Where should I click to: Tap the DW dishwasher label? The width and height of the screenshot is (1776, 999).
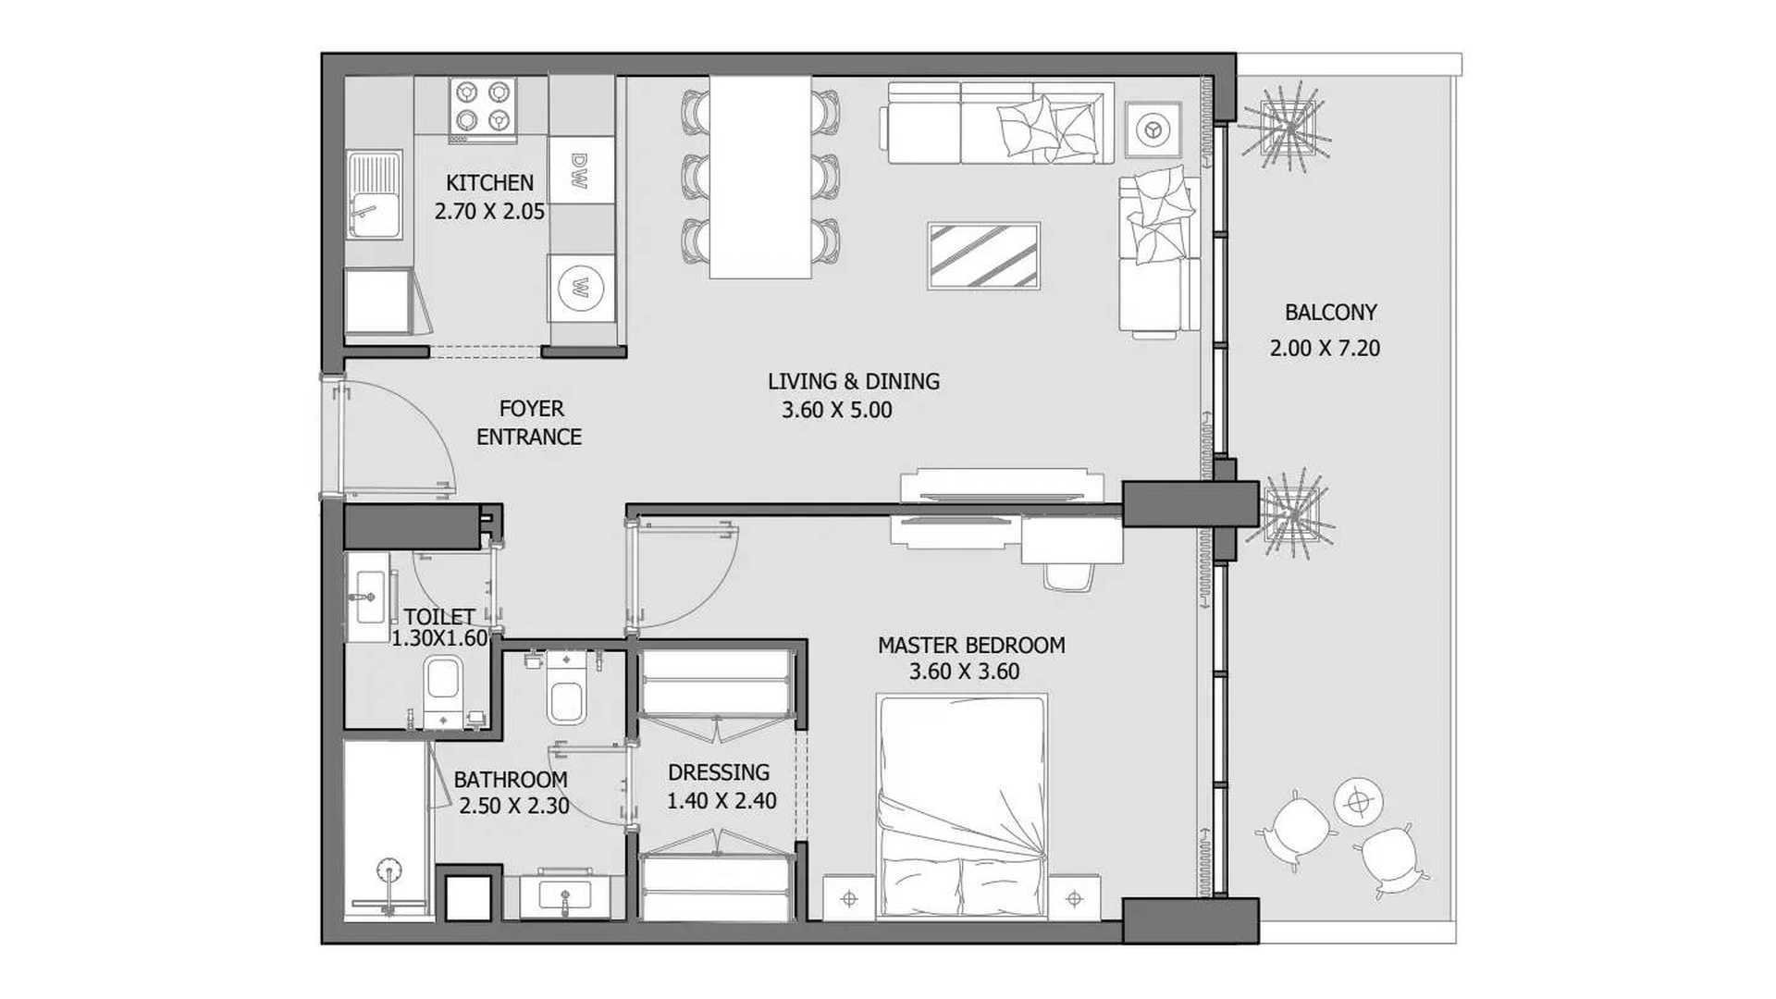tap(580, 170)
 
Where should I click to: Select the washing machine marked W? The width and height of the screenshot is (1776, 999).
tap(582, 288)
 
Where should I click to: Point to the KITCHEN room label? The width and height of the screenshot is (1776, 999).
tap(489, 183)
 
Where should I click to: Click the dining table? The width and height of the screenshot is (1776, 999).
tap(760, 176)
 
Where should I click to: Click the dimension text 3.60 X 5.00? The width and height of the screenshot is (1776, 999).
tap(837, 410)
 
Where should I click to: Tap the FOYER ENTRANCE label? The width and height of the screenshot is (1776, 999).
tap(529, 423)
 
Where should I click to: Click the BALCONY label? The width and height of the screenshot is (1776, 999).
tap(1330, 313)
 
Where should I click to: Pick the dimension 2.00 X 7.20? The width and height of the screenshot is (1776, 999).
tap(1325, 349)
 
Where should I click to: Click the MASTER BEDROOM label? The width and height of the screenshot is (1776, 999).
tap(971, 645)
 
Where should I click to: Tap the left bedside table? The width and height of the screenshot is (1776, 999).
tap(849, 897)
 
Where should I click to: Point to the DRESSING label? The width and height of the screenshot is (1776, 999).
tap(719, 772)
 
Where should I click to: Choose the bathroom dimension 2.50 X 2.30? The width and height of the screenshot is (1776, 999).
tap(514, 806)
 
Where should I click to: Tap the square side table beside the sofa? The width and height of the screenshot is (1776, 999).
tap(1153, 129)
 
